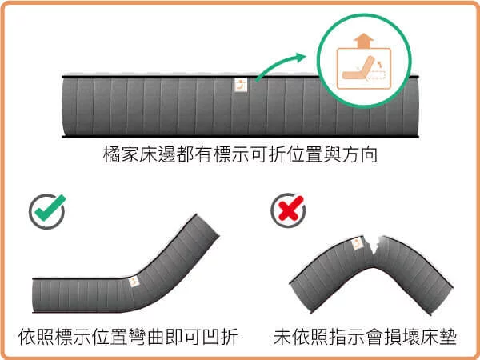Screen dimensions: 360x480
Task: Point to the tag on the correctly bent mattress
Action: coord(135,281)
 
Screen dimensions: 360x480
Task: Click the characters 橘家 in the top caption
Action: coord(120,154)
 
